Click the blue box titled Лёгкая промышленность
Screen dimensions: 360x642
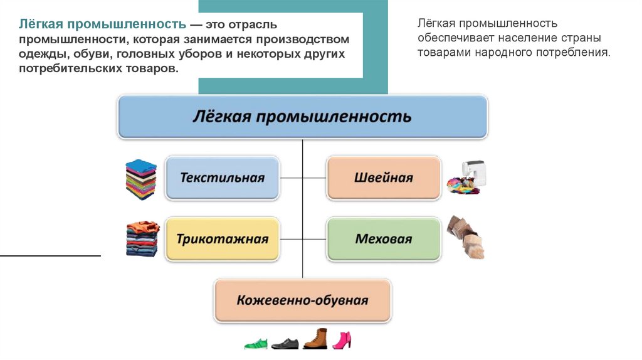pos(302,117)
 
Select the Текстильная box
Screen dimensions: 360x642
pos(223,178)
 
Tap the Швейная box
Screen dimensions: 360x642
pos(383,178)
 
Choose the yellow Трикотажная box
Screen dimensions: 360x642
pos(223,239)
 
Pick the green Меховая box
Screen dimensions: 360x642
pos(383,239)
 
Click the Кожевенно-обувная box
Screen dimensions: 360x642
pos(302,300)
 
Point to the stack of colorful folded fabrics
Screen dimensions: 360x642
pos(140,179)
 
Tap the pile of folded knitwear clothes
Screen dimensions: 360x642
pos(142,238)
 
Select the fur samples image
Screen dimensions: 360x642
pos(466,238)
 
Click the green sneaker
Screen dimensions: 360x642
pos(256,344)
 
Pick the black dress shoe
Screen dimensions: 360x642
pos(285,344)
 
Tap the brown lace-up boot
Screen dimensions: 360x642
pos(315,339)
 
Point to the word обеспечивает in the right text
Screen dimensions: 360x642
pos(451,39)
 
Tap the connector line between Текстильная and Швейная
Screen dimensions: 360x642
pos(303,178)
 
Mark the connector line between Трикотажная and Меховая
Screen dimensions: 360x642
pos(303,239)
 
